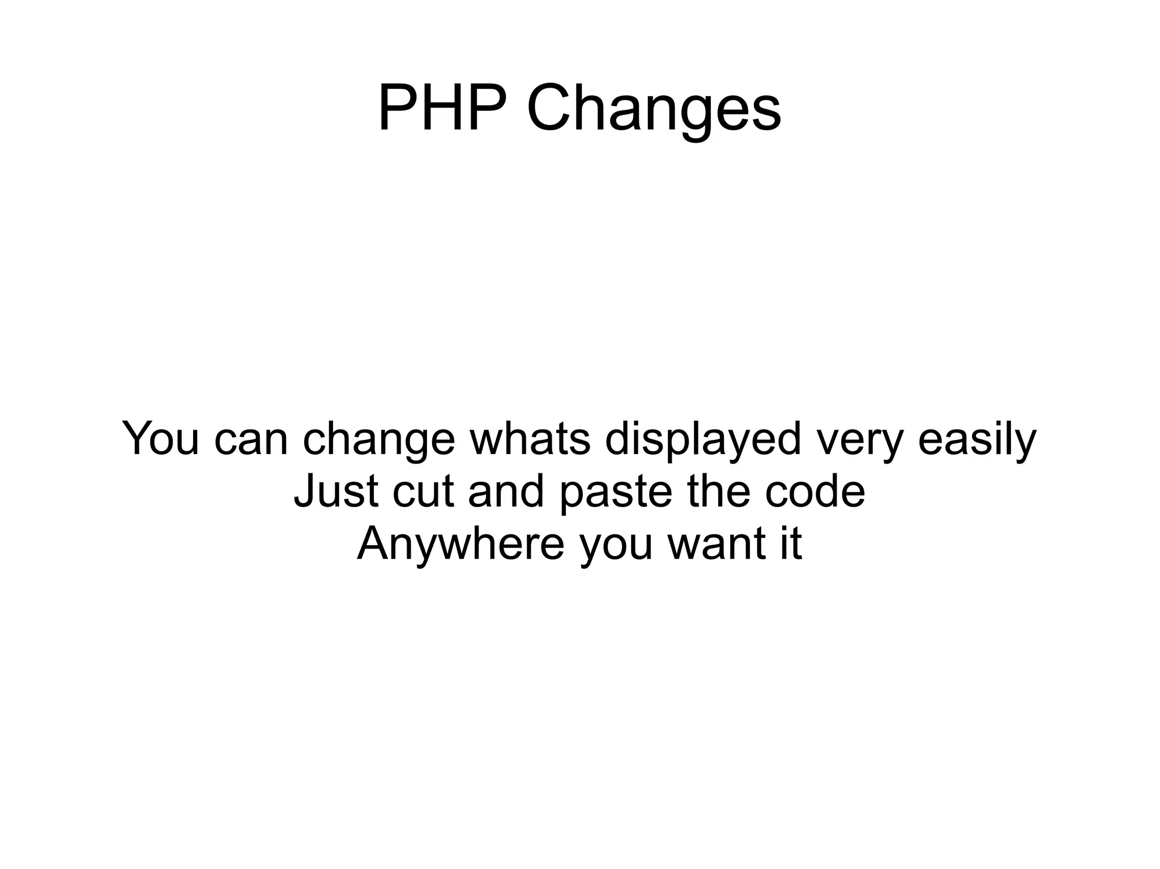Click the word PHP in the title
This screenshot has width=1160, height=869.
441,108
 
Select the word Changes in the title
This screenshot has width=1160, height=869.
654,109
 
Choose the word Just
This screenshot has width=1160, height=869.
335,491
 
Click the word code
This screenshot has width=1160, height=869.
815,491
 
